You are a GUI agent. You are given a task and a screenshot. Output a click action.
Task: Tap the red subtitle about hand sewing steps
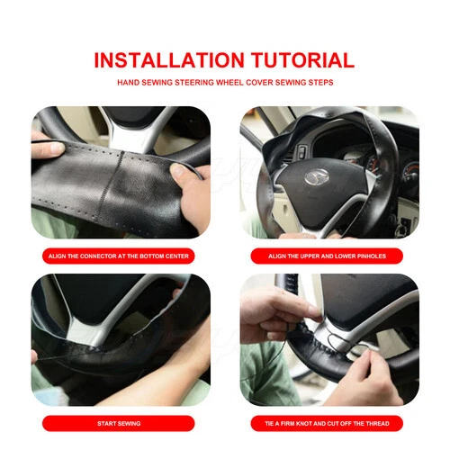[224, 82]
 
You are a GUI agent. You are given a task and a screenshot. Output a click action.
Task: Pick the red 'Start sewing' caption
[120, 423]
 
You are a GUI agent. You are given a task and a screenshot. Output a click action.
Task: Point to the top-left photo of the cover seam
[120, 171]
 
